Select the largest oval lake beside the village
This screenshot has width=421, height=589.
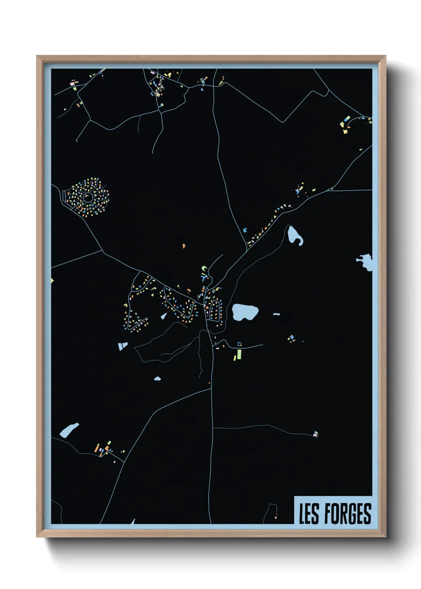pyautogui.click(x=245, y=312)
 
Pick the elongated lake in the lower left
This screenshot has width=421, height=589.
pyautogui.click(x=69, y=430)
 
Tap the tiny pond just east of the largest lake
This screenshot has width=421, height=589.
pyautogui.click(x=276, y=314)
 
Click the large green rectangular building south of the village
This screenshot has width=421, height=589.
pyautogui.click(x=239, y=354)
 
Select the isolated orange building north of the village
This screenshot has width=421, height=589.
pyautogui.click(x=184, y=246)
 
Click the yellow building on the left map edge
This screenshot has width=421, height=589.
pyautogui.click(x=52, y=281)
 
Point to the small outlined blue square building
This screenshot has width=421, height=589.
pyautogui.click(x=240, y=344)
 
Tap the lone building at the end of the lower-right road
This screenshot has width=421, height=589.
pyautogui.click(x=316, y=433)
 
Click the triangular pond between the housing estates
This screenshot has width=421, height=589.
pyautogui.click(x=164, y=316)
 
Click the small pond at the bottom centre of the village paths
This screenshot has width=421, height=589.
pyautogui.click(x=158, y=378)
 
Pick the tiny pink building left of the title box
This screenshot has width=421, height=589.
pyautogui.click(x=275, y=517)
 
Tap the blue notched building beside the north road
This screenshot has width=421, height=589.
pyautogui.click(x=245, y=230)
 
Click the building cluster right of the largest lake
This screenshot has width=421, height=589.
pyautogui.click(x=292, y=338)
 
